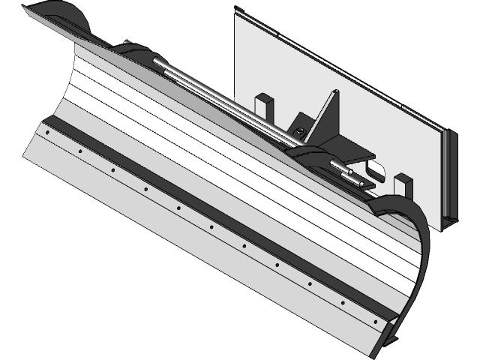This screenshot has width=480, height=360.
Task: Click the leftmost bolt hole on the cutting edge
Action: click(47, 132)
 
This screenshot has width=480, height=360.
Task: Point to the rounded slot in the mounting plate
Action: click(378, 170)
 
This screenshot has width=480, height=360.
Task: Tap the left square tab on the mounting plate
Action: click(264, 105)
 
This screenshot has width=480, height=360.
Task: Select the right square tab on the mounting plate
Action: click(403, 184)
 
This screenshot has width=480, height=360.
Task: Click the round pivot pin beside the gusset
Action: click(299, 133)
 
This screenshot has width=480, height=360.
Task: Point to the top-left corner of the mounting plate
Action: click(235, 10)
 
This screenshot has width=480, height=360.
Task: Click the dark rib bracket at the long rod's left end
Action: click(135, 52)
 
